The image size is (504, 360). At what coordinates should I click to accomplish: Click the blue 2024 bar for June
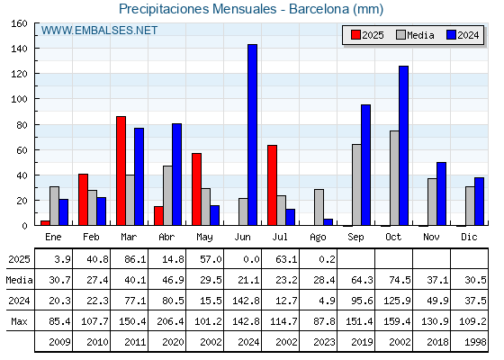click(x=252, y=135)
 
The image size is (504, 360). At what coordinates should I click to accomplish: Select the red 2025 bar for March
click(x=121, y=171)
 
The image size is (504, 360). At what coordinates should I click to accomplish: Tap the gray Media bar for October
click(x=394, y=178)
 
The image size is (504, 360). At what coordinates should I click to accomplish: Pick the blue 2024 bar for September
click(x=365, y=165)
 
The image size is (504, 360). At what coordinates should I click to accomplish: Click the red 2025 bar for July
click(x=272, y=185)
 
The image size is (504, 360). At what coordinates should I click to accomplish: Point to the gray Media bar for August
click(x=319, y=207)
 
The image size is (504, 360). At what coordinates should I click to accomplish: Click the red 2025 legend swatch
click(x=355, y=35)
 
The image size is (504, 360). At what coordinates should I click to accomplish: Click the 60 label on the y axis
click(x=22, y=150)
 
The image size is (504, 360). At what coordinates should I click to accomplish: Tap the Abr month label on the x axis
click(x=166, y=237)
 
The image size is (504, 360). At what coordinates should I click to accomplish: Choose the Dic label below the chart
click(x=469, y=237)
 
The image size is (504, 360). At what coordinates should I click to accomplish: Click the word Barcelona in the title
click(x=319, y=9)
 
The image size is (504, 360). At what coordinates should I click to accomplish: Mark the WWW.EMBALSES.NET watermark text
click(x=99, y=31)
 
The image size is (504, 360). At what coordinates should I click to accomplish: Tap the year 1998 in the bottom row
click(x=475, y=342)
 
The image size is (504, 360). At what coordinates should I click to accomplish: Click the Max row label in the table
click(x=19, y=321)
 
